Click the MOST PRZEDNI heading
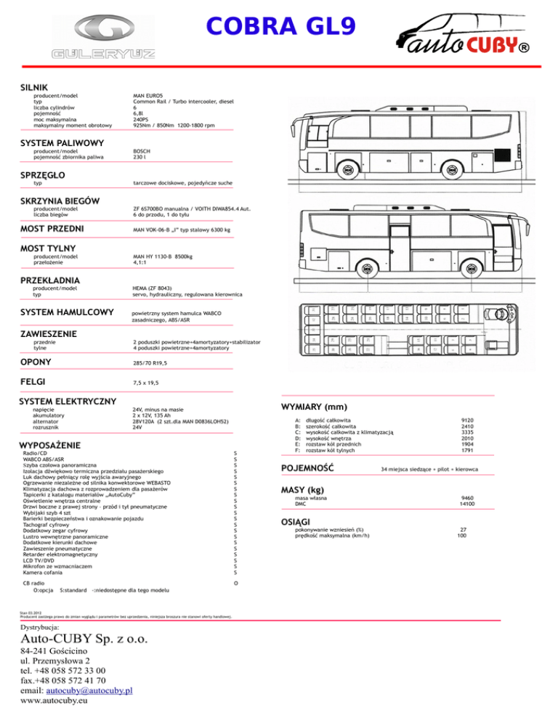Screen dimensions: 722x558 [53, 230]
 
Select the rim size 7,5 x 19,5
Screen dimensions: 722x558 [146, 382]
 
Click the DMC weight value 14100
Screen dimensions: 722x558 [467, 503]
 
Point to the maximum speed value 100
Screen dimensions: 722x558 [462, 536]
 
